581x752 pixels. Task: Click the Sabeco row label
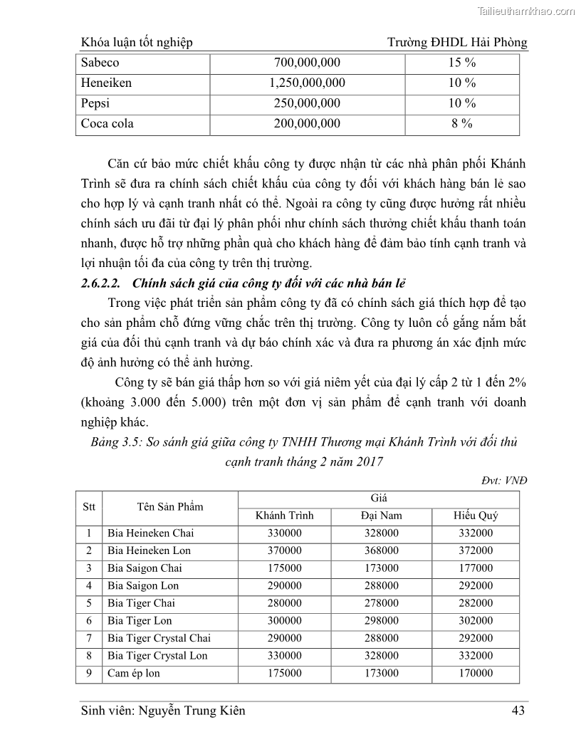(x=100, y=63)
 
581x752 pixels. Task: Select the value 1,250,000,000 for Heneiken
(x=307, y=83)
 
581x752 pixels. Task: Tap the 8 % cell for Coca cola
(x=462, y=123)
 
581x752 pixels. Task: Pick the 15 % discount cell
(x=462, y=63)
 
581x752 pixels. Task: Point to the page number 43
(x=519, y=710)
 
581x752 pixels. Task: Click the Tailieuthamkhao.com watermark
(x=524, y=11)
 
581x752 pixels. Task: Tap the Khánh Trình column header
(x=284, y=516)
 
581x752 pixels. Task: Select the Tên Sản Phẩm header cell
(x=170, y=507)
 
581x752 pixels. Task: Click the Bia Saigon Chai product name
(x=145, y=568)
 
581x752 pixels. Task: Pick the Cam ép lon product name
(x=134, y=673)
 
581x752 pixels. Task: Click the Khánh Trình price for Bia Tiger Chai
(x=284, y=603)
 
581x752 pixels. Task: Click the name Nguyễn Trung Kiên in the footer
(x=191, y=710)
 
